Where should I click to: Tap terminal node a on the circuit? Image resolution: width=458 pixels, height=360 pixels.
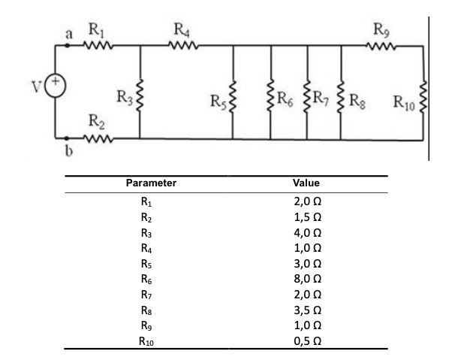tap(68, 46)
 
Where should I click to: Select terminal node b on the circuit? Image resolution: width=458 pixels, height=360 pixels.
tap(68, 138)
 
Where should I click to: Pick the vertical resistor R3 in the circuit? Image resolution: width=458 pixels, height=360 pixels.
tap(140, 95)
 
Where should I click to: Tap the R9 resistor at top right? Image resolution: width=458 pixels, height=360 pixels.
tap(382, 46)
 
